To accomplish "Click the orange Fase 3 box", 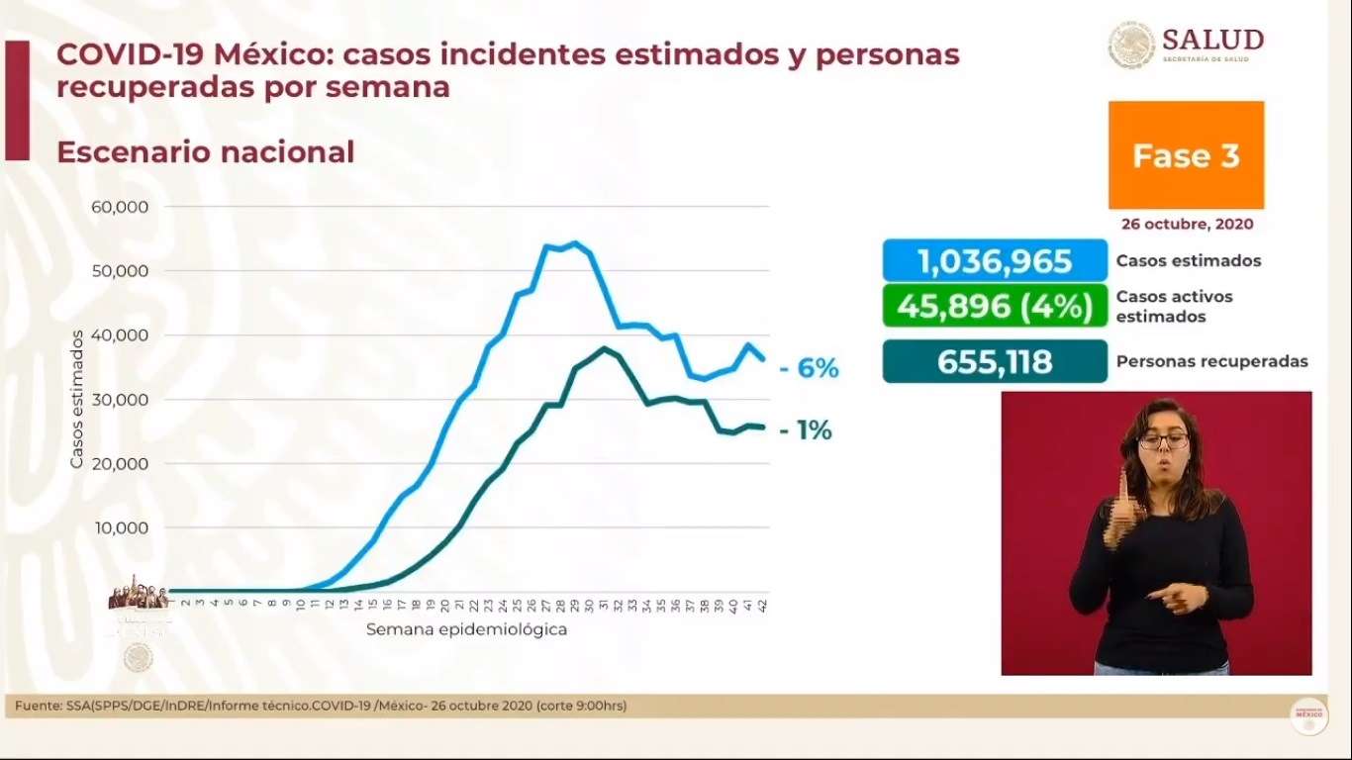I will point(1186,155).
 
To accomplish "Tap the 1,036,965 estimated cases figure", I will point(995,261).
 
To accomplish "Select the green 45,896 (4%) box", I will point(995,306).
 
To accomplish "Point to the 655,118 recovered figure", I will point(995,361).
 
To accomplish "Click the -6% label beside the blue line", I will point(809,369).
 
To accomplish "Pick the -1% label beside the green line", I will point(806,430).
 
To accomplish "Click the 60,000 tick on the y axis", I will point(120,207).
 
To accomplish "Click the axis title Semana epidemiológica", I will point(466,629).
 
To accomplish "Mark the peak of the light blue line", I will point(575,242).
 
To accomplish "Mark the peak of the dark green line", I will point(604,348).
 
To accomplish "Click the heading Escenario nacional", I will point(205,152).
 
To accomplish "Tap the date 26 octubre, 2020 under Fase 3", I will point(1187,224).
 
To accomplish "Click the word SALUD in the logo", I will point(1212,40).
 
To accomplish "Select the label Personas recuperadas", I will point(1211,361).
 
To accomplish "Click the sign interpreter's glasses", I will point(1164,440).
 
